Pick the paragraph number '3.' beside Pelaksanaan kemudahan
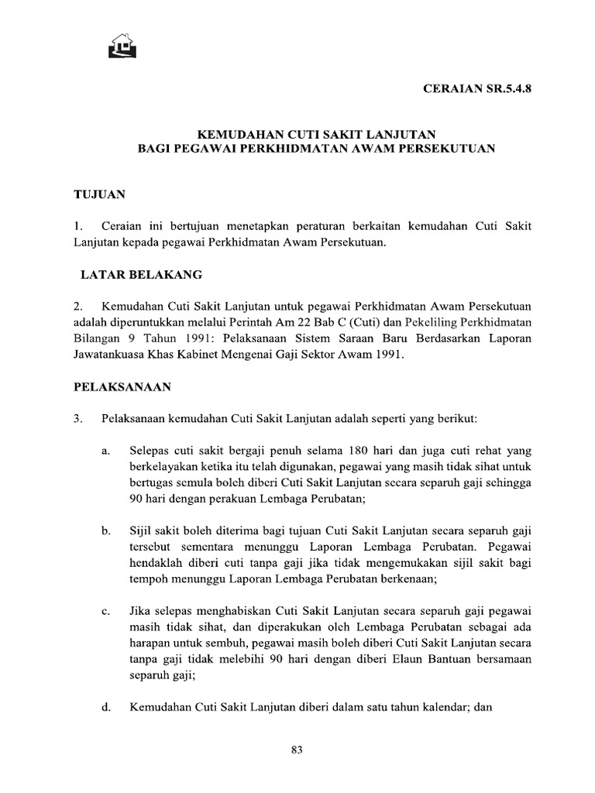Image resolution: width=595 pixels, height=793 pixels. [78, 418]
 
